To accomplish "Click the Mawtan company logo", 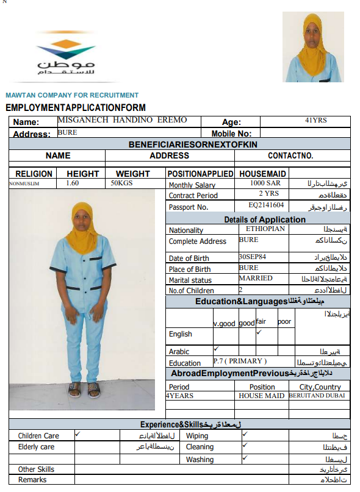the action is pyautogui.click(x=65, y=55).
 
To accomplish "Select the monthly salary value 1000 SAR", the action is pyautogui.click(x=265, y=183).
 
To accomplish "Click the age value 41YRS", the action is pyautogui.click(x=316, y=121).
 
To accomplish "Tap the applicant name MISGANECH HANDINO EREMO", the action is pyautogui.click(x=122, y=120).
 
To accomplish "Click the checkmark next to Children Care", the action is pyautogui.click(x=77, y=435).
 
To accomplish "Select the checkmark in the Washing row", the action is pyautogui.click(x=245, y=458).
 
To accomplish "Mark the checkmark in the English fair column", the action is pyautogui.click(x=259, y=332).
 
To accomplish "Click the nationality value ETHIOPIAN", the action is pyautogui.click(x=265, y=229).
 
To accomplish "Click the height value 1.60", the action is pyautogui.click(x=72, y=183).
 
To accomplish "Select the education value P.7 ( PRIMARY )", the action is pyautogui.click(x=240, y=361).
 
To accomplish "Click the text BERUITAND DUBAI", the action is pyautogui.click(x=318, y=396).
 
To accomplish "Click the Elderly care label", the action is pyautogui.click(x=36, y=447).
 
